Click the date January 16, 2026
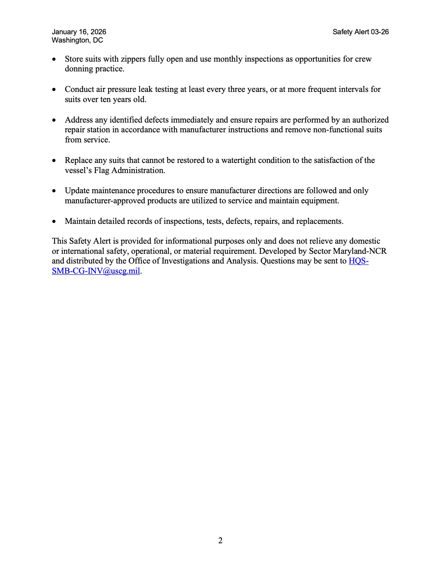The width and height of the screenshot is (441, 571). coord(79,32)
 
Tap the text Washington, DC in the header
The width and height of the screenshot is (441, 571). coord(77,40)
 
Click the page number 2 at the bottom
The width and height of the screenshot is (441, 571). coord(220,540)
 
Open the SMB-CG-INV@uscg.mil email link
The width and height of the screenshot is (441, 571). coord(96,271)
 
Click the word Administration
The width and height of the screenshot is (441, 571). coord(138,170)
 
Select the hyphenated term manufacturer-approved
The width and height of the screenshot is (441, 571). coord(105,200)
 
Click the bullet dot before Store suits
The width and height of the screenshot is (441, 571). coord(54,59)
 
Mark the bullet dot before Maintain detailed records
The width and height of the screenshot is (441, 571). coord(54,221)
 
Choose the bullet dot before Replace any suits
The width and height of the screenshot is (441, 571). coord(54,160)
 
